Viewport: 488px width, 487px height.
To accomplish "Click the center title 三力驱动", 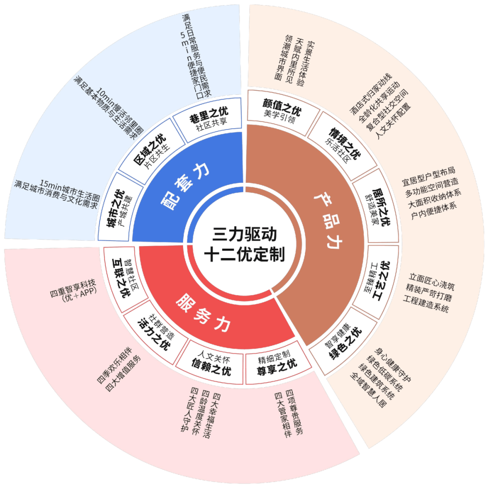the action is pyautogui.click(x=244, y=234).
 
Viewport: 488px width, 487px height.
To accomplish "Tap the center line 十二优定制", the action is pyautogui.click(x=244, y=254).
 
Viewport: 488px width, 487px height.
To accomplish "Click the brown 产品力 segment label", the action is pyautogui.click(x=328, y=220).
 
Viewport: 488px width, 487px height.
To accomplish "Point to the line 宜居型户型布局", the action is pyautogui.click(x=428, y=176).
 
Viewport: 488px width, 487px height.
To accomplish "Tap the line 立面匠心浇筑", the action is pyautogui.click(x=432, y=281).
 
